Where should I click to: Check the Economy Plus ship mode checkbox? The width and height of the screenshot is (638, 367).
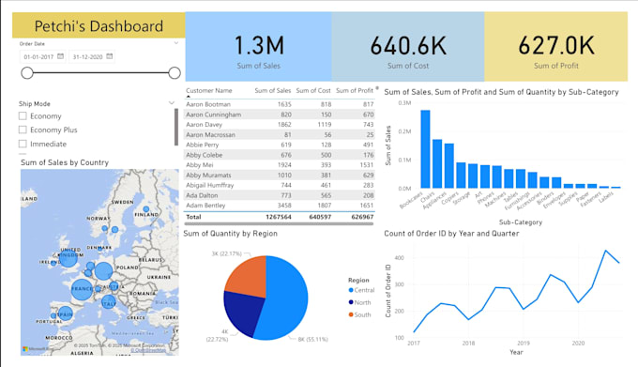(23, 130)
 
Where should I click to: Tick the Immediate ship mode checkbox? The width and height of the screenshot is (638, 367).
(23, 144)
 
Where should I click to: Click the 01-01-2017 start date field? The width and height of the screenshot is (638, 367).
(38, 56)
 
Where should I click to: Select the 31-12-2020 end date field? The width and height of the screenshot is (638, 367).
(91, 56)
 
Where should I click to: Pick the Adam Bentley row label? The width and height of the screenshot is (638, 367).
(207, 204)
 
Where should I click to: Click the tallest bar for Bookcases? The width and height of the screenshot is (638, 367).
(425, 149)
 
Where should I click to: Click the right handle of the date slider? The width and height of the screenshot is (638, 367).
(175, 72)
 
